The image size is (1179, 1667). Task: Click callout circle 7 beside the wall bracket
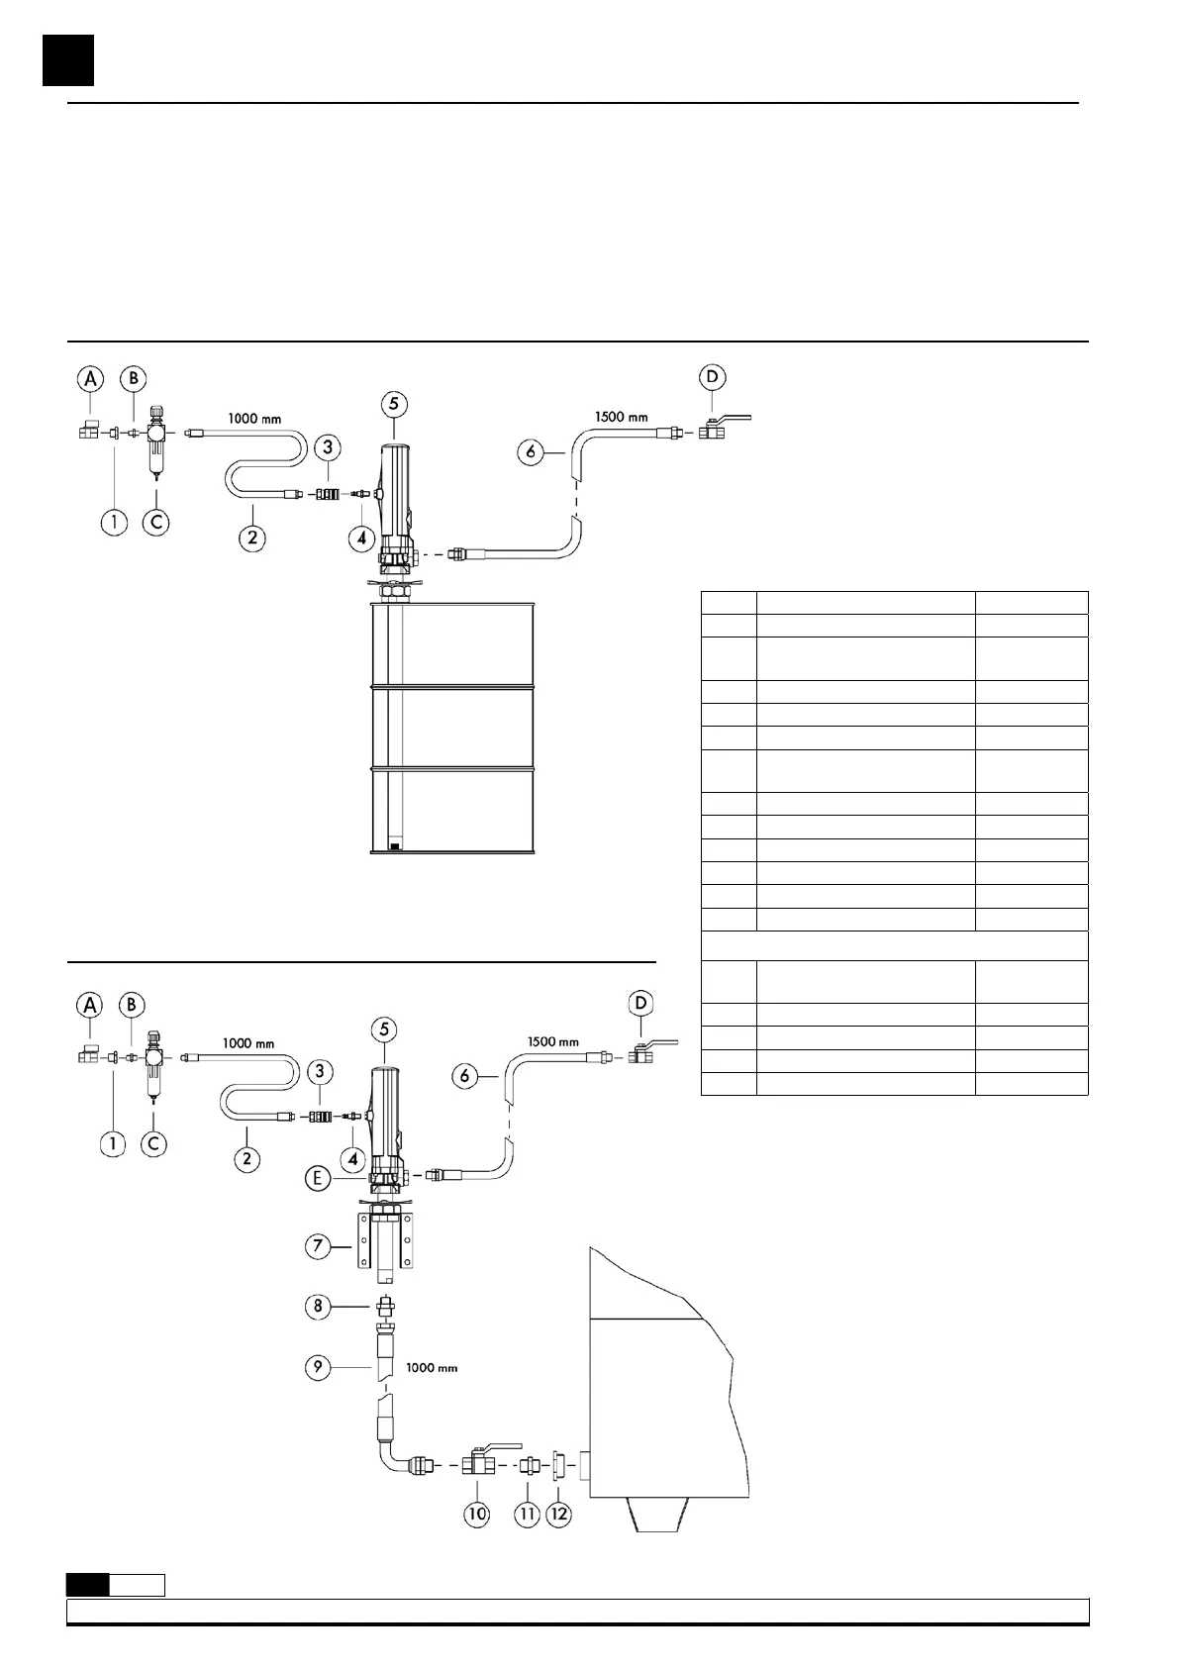[x=318, y=1245]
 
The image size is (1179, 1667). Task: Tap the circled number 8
[x=318, y=1307]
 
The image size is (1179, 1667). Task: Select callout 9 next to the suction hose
[x=318, y=1369]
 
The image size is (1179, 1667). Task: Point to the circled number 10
[x=478, y=1514]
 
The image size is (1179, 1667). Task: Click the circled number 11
[x=528, y=1514]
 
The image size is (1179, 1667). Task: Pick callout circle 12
[x=559, y=1514]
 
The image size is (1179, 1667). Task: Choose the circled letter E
[x=318, y=1178]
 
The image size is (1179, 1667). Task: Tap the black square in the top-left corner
[x=68, y=60]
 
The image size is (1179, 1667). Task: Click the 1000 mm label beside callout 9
[x=432, y=1368]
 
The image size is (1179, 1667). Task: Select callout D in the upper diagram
[x=712, y=377]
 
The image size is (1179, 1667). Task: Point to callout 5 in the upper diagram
[x=394, y=404]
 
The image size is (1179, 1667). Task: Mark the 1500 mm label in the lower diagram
[x=553, y=1041]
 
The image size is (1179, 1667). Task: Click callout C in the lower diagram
[x=153, y=1143]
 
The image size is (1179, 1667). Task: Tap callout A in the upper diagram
[x=91, y=377]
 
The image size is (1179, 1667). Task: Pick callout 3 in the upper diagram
[x=328, y=446]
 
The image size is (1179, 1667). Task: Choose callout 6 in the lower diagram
[x=466, y=1075]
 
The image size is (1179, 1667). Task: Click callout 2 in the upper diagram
[x=252, y=539]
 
